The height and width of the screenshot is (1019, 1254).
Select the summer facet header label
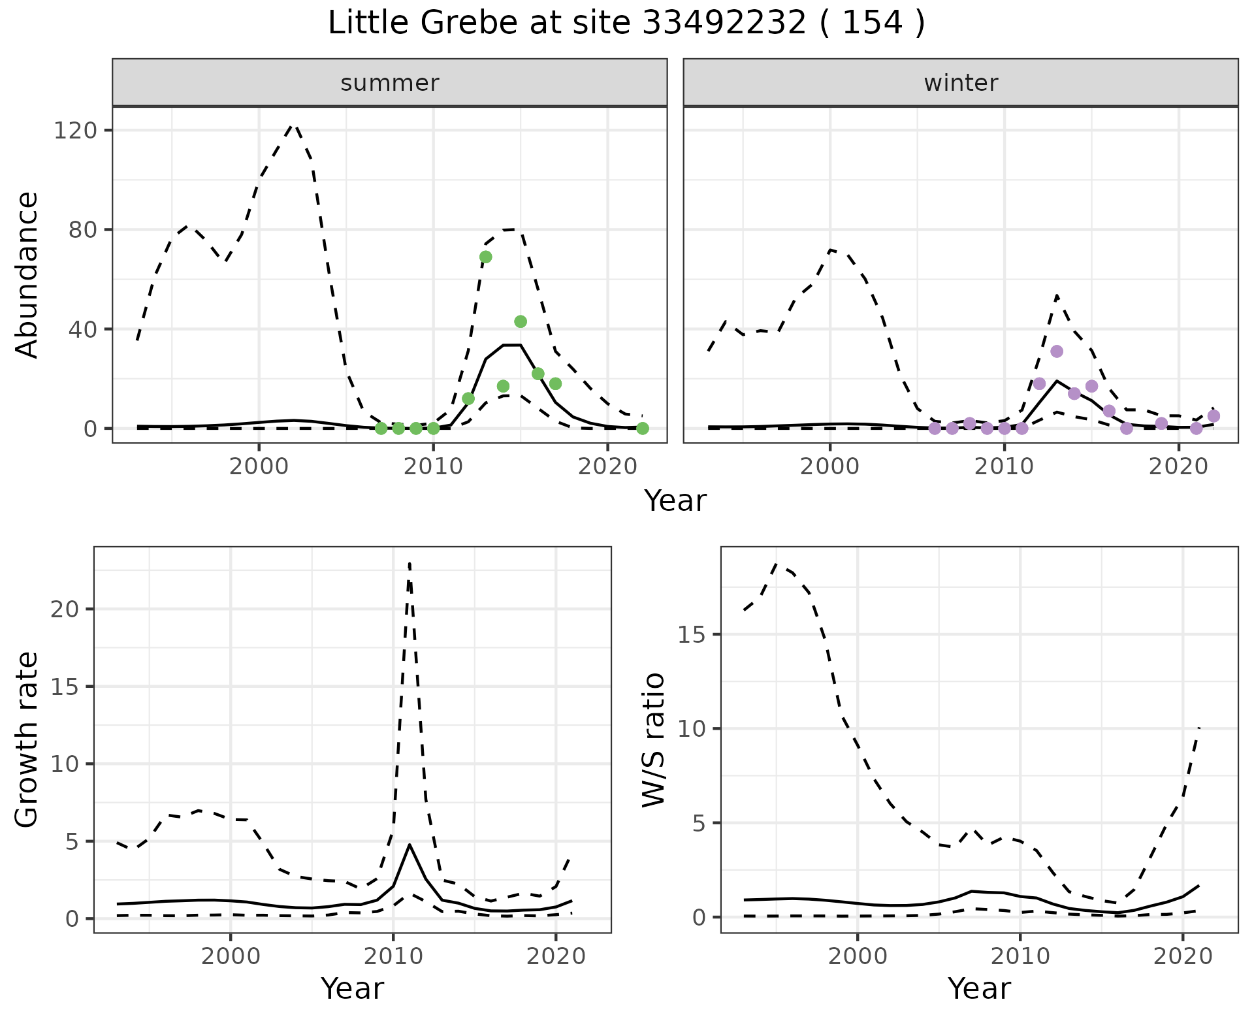point(390,83)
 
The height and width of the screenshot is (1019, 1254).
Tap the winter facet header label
point(961,83)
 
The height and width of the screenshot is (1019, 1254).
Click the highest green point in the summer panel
point(485,257)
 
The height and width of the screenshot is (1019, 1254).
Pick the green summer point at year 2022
point(643,429)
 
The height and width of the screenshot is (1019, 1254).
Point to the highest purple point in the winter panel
point(1057,351)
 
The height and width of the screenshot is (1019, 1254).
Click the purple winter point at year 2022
point(1214,416)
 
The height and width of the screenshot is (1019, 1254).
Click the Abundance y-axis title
point(27,274)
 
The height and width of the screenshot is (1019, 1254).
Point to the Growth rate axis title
point(27,739)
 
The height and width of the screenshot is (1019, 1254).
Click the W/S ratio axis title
point(653,739)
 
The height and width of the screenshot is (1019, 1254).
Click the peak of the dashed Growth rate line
point(409,563)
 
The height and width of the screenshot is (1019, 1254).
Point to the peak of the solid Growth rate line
point(410,845)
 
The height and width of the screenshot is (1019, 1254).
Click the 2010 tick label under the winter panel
point(1005,467)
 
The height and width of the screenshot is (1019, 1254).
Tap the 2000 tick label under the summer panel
point(259,467)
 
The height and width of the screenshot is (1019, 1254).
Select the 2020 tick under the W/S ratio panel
point(1183,957)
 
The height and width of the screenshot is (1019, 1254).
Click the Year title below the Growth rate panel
point(352,988)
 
